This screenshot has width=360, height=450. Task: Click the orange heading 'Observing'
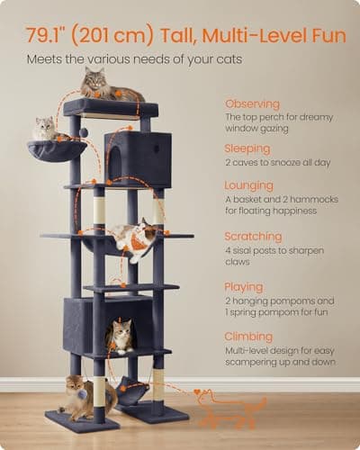click(252, 103)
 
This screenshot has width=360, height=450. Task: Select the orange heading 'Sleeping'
click(247, 148)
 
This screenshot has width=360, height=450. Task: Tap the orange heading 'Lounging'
click(249, 185)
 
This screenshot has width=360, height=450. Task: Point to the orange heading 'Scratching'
click(253, 237)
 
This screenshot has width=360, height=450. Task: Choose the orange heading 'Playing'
click(244, 287)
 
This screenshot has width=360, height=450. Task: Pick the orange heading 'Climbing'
click(248, 337)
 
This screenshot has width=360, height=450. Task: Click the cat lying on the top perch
click(111, 85)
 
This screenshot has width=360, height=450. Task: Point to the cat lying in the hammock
click(132, 238)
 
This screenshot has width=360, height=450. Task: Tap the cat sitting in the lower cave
click(121, 337)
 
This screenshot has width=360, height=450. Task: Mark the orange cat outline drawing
click(229, 408)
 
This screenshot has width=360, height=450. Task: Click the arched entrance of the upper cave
click(116, 161)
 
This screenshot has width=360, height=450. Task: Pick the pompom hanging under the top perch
click(84, 131)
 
